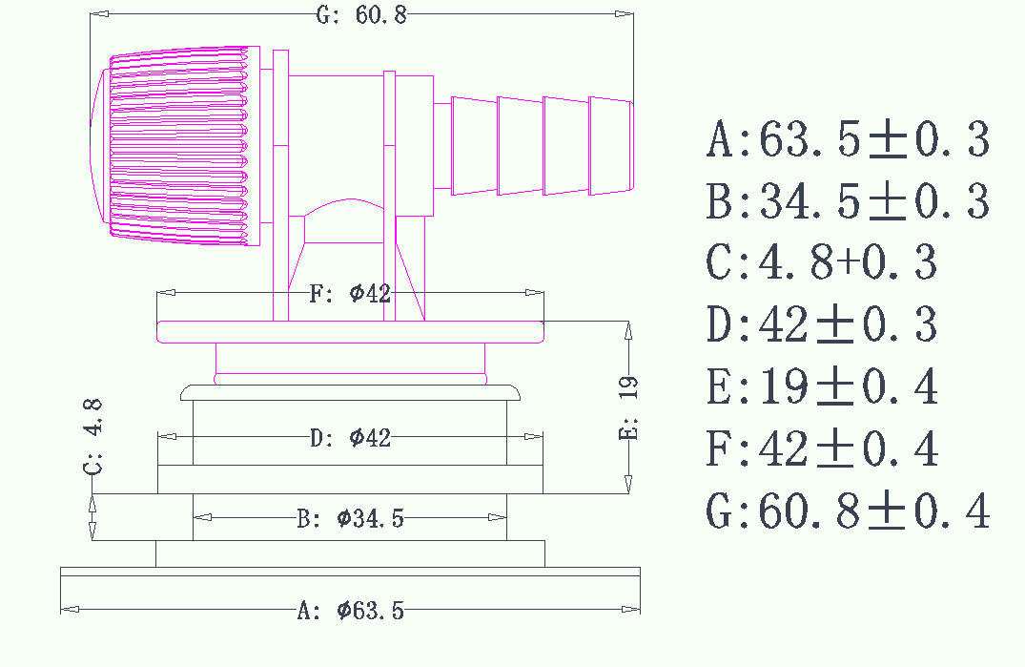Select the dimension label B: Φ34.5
pyautogui.click(x=350, y=519)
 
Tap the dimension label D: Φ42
pyautogui.click(x=351, y=438)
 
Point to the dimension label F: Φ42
pyautogui.click(x=350, y=293)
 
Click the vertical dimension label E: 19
pyautogui.click(x=629, y=406)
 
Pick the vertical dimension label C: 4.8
pyautogui.click(x=93, y=437)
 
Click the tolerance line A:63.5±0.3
pyautogui.click(x=848, y=140)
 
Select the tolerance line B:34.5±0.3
pyautogui.click(x=848, y=202)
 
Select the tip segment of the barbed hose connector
pyautogui.click(x=610, y=145)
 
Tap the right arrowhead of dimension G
pyautogui.click(x=624, y=14)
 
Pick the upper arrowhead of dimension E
pyautogui.click(x=627, y=330)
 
